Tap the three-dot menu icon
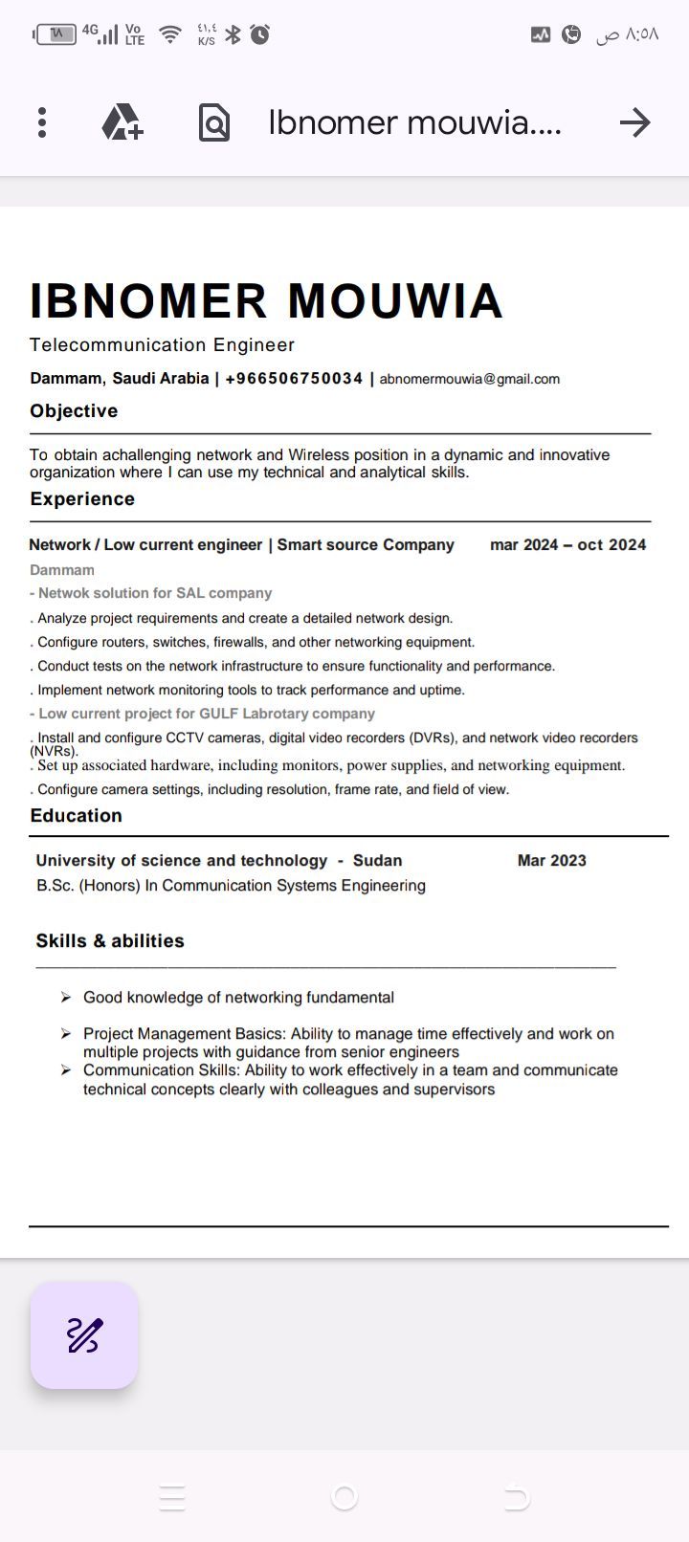42,122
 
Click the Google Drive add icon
122,122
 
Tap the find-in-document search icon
213,122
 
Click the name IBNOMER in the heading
148,300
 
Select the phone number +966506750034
294,379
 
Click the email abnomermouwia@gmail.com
469,379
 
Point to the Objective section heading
74,411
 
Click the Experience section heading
82,499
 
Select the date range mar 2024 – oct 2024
567,545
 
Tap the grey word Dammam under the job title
62,570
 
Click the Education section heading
77,816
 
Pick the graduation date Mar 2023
551,861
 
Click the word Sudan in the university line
377,861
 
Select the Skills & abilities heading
110,941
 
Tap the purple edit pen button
84,1335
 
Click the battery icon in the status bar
56,35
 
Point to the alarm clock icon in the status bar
260,35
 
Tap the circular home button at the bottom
344,1497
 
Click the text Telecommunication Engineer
162,345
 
